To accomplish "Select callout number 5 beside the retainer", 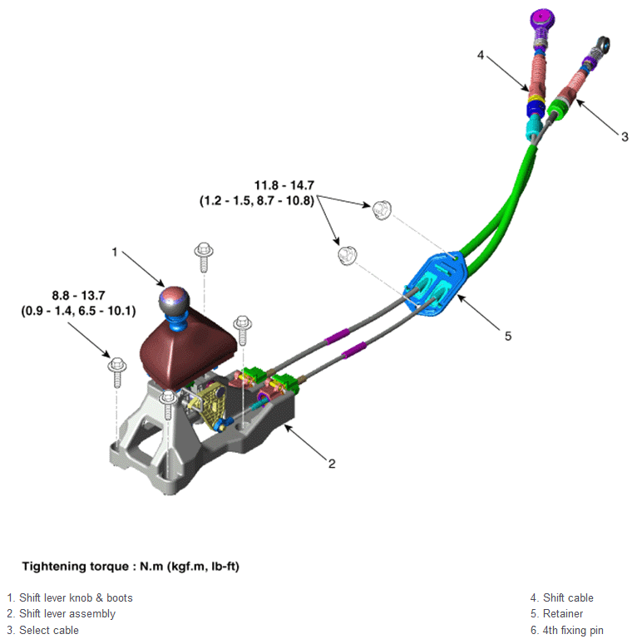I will [x=507, y=336].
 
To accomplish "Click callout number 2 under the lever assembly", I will [x=331, y=463].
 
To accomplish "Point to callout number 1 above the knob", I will [x=116, y=250].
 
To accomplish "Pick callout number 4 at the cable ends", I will [x=481, y=55].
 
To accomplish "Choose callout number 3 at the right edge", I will [x=624, y=136].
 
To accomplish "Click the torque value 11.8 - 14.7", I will [x=284, y=185].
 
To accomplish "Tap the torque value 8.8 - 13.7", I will [x=77, y=295].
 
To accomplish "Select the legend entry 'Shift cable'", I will [x=561, y=597].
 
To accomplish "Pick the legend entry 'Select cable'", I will [x=42, y=630].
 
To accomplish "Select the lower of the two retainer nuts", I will [x=347, y=254].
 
